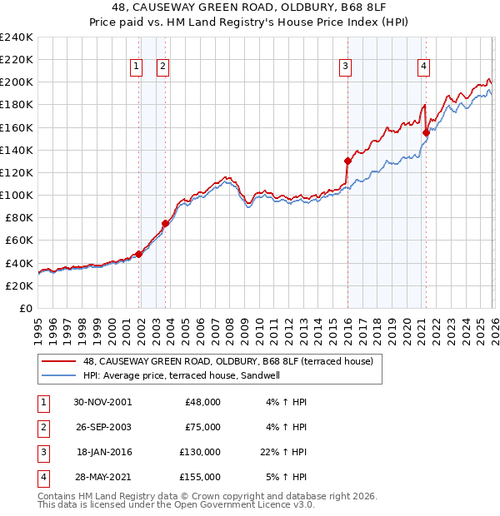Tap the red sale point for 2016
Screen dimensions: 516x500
tap(347, 161)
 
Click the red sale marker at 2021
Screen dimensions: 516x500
tap(426, 132)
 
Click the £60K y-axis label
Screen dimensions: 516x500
tap(18, 240)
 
